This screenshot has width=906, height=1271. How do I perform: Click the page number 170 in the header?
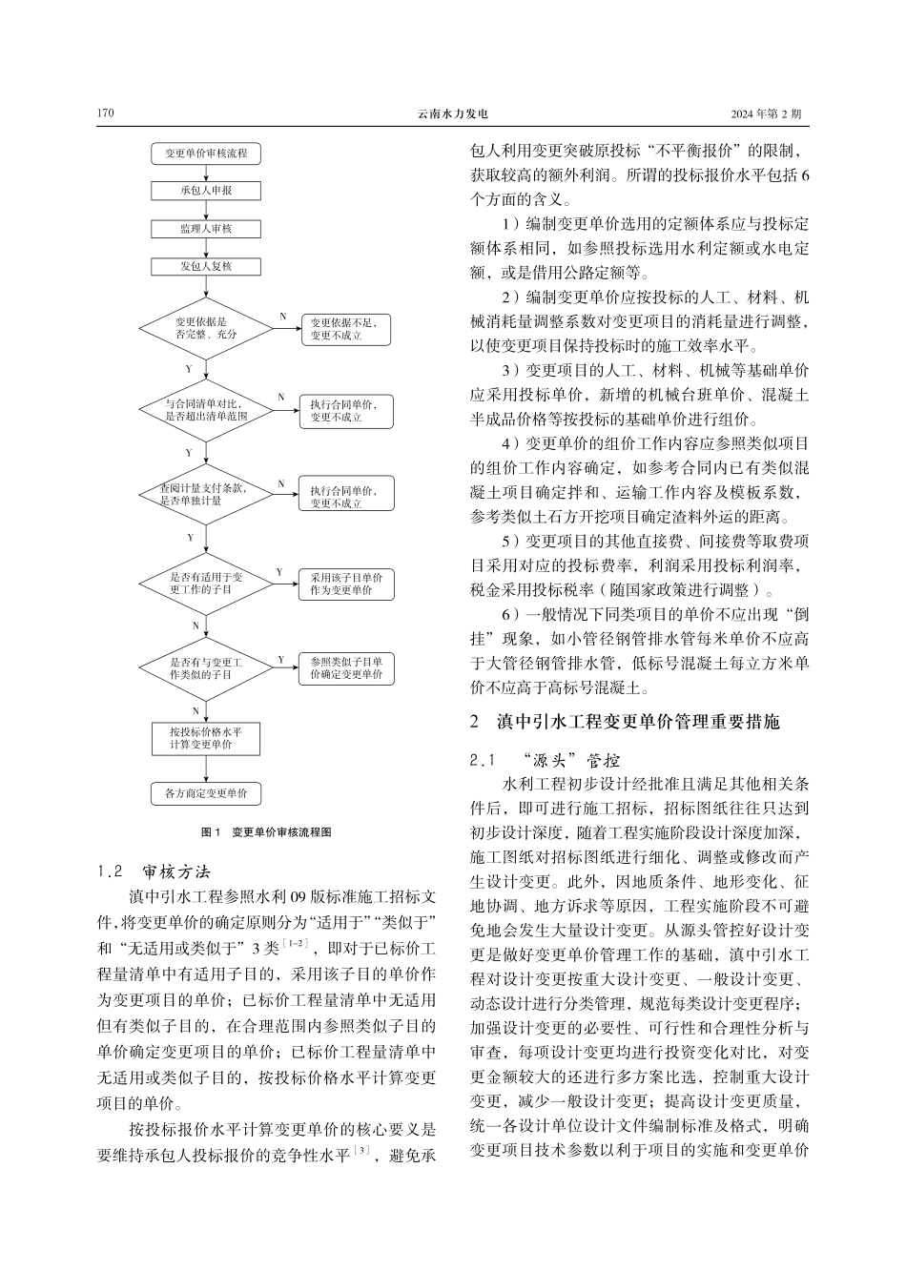105,114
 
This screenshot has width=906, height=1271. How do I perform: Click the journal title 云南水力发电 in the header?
452,114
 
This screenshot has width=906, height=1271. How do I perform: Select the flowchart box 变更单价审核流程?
206,153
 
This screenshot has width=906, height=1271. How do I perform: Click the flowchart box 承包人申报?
206,190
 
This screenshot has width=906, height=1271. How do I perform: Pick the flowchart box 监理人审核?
206,228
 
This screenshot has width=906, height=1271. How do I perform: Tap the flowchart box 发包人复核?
206,266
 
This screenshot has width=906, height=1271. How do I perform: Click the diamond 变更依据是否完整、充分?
206,328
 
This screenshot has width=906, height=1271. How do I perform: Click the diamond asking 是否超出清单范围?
206,411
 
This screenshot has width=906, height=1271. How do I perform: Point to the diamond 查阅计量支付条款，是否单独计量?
206,494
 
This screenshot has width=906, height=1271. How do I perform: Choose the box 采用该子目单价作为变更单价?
346,584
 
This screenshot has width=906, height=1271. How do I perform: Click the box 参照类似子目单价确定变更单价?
346,667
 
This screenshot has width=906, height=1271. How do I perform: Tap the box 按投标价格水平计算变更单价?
206,738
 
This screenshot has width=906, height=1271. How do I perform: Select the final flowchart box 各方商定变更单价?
206,793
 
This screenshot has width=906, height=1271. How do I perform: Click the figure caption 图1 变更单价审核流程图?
267,832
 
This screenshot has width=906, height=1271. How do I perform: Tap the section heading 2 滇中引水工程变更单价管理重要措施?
625,722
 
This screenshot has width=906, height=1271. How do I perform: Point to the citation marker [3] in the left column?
360,1152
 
